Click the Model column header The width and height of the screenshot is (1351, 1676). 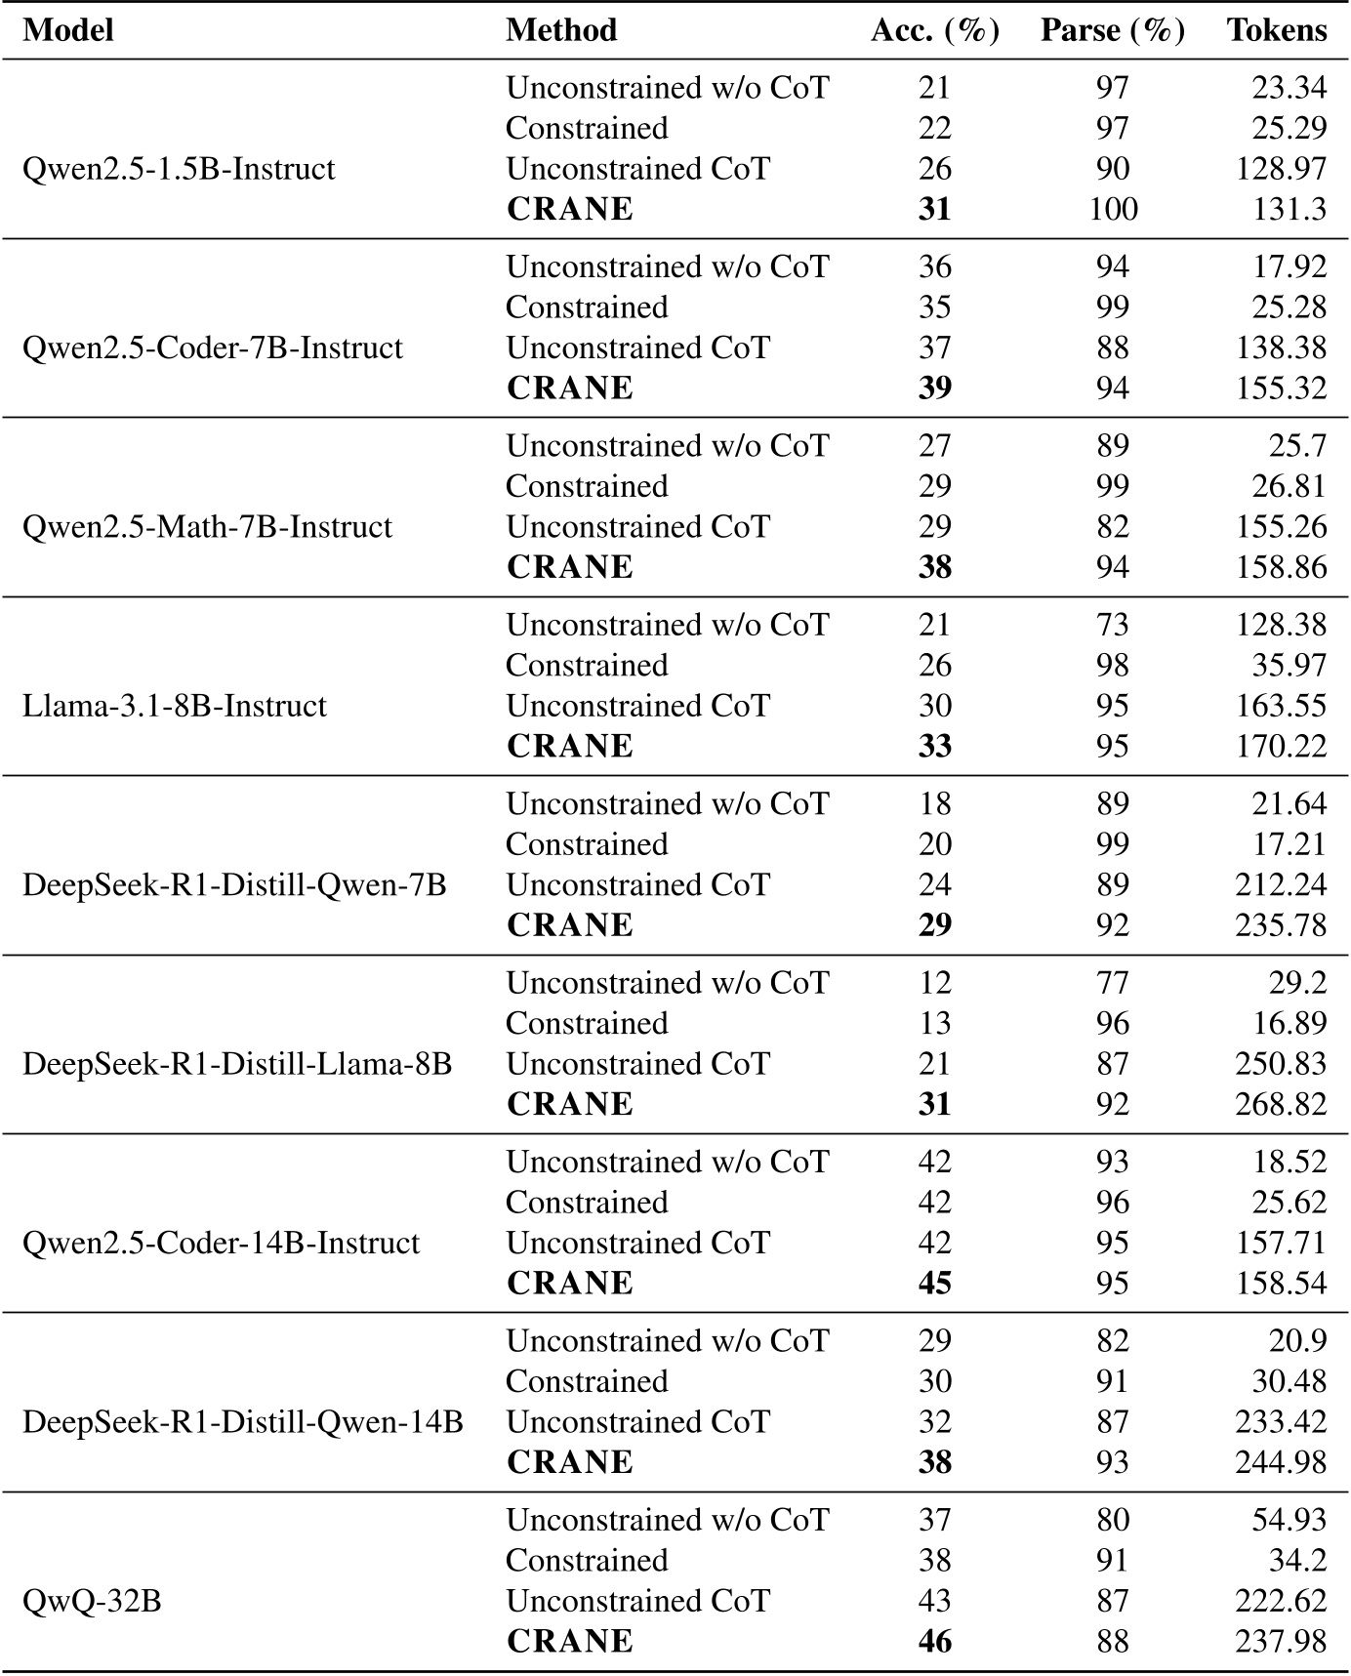tap(68, 30)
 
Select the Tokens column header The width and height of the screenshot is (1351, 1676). tap(1277, 30)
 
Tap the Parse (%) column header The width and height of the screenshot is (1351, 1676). tap(1112, 30)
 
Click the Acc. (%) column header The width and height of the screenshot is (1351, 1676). tap(934, 30)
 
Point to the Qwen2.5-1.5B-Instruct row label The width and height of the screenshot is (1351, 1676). tap(179, 169)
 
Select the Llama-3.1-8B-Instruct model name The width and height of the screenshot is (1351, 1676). tap(175, 706)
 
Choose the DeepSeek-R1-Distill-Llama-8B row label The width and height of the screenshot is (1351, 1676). tap(237, 1064)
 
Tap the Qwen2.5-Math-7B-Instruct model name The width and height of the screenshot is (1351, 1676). tap(207, 527)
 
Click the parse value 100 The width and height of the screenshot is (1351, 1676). tap(1113, 209)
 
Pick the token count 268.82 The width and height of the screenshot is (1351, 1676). tap(1281, 1104)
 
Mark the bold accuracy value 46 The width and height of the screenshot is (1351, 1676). tap(934, 1641)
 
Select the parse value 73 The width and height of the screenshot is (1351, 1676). tap(1113, 625)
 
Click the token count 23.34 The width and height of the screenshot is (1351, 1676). tap(1290, 88)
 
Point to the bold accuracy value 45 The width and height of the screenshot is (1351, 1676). tap(934, 1283)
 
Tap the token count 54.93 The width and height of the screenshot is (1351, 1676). tap(1290, 1520)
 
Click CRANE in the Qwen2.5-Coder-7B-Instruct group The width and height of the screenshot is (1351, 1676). tap(570, 388)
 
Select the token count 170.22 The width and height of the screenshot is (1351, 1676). tap(1281, 747)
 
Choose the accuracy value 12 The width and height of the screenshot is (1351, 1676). tap(934, 983)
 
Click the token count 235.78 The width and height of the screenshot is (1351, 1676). tap(1281, 925)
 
